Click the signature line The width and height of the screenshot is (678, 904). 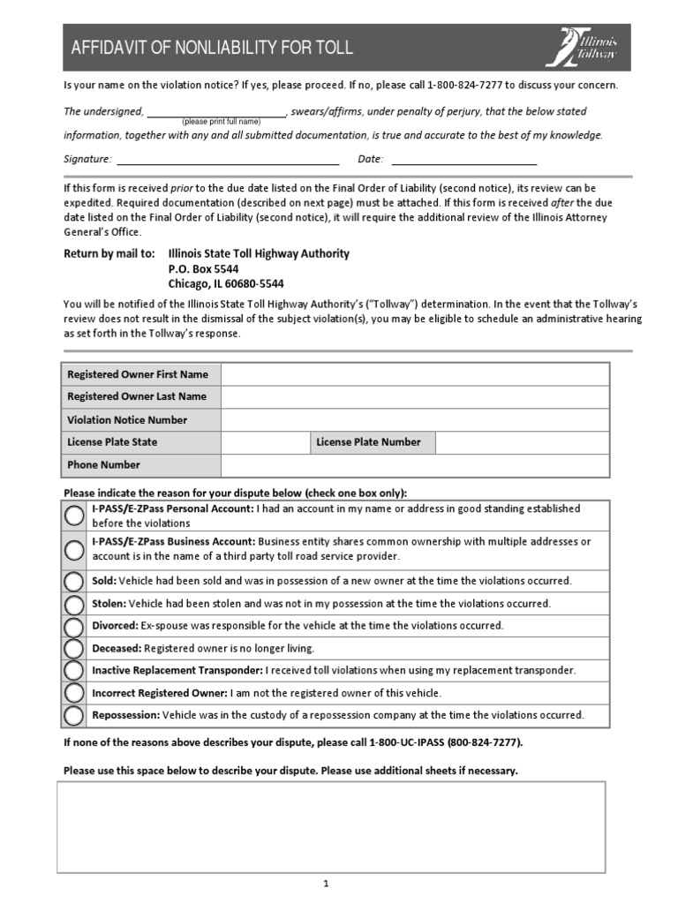point(228,161)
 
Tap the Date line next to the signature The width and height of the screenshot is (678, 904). point(463,161)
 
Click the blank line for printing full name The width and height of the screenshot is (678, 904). point(216,112)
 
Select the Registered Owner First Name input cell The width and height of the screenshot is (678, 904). point(414,374)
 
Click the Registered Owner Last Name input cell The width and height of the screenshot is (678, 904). point(414,397)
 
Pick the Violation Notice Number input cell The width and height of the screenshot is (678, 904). point(414,420)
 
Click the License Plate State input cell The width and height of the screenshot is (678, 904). point(264,442)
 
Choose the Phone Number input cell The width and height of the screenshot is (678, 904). point(414,465)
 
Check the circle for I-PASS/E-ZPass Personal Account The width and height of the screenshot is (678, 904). point(75,516)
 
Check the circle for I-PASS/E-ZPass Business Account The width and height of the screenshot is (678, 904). point(75,549)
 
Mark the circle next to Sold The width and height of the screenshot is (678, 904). point(75,581)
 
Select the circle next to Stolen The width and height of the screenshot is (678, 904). point(75,604)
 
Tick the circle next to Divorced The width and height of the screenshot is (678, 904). point(75,626)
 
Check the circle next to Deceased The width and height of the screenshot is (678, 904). point(75,648)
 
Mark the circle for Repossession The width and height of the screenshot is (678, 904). point(75,715)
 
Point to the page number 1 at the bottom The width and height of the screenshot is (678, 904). point(326,884)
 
